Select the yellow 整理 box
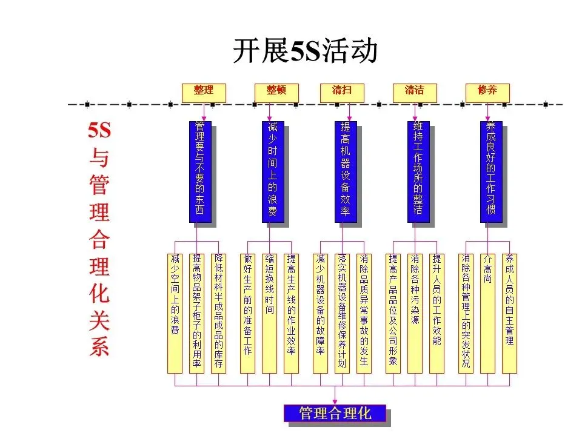coord(204,92)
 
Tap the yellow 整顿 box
coord(276,92)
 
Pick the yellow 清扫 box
coord(341,92)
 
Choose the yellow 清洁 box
coord(415,92)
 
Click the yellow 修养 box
coord(487,92)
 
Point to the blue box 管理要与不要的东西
coord(199,171)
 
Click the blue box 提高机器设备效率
coord(345,171)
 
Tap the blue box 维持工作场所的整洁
coord(418,171)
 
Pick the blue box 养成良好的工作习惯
coord(490,171)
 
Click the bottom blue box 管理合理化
coord(335,414)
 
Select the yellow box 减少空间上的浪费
coord(175,313)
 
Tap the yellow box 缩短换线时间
coord(269,313)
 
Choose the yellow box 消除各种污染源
coord(415,313)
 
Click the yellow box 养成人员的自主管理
coord(509,313)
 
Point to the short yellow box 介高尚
coord(487,313)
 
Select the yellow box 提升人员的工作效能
coord(436,313)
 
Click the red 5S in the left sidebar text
coord(99,131)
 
